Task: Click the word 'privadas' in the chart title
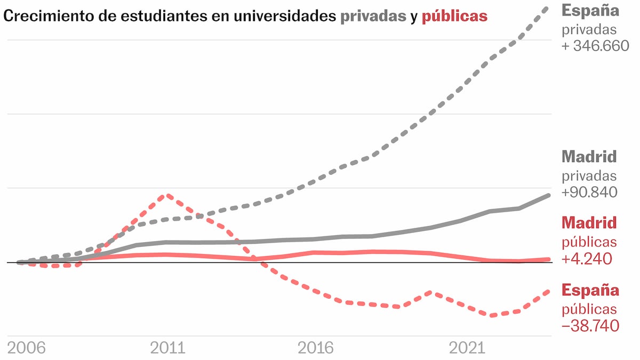click(x=373, y=17)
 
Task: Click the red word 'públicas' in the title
click(x=454, y=17)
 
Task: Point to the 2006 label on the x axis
click(x=27, y=348)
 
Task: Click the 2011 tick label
click(x=167, y=348)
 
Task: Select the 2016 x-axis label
click(x=316, y=348)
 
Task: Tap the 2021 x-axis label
click(x=467, y=348)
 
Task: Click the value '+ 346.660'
click(x=595, y=46)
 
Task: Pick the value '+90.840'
click(x=589, y=192)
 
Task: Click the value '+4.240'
click(x=586, y=259)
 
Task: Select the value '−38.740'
click(x=590, y=325)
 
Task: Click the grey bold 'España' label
click(x=590, y=10)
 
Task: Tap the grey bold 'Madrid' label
click(x=589, y=157)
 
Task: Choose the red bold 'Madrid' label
click(x=589, y=222)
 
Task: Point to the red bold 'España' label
click(x=590, y=291)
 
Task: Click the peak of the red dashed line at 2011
click(x=168, y=195)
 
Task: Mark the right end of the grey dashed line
click(x=548, y=7)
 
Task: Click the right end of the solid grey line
click(x=549, y=196)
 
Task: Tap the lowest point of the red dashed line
click(x=491, y=316)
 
